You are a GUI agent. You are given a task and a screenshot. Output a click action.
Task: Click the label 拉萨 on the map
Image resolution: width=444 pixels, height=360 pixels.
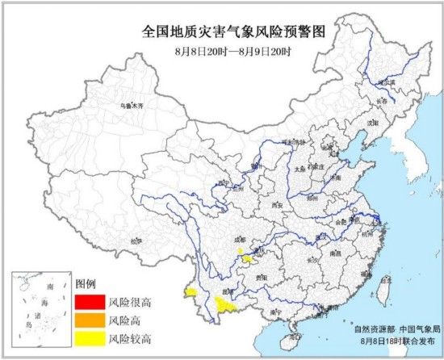[136, 240]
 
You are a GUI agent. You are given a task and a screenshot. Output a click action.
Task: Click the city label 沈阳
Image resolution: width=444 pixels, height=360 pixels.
[372, 123]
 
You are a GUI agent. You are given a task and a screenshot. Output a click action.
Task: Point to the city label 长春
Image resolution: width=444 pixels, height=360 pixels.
[382, 101]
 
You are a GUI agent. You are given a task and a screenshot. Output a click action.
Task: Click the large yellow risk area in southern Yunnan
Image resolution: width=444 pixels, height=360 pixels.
[225, 305]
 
